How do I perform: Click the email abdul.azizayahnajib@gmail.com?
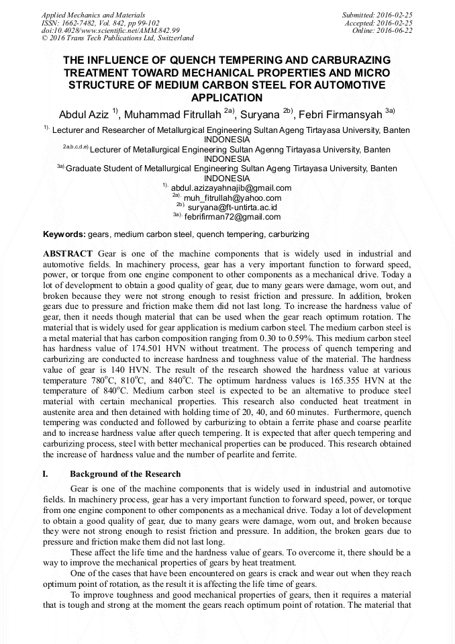click(x=231, y=188)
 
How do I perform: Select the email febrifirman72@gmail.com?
click(x=232, y=217)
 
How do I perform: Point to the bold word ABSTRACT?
click(x=68, y=253)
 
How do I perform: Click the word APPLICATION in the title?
click(x=227, y=97)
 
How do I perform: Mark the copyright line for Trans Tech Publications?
click(x=117, y=38)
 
